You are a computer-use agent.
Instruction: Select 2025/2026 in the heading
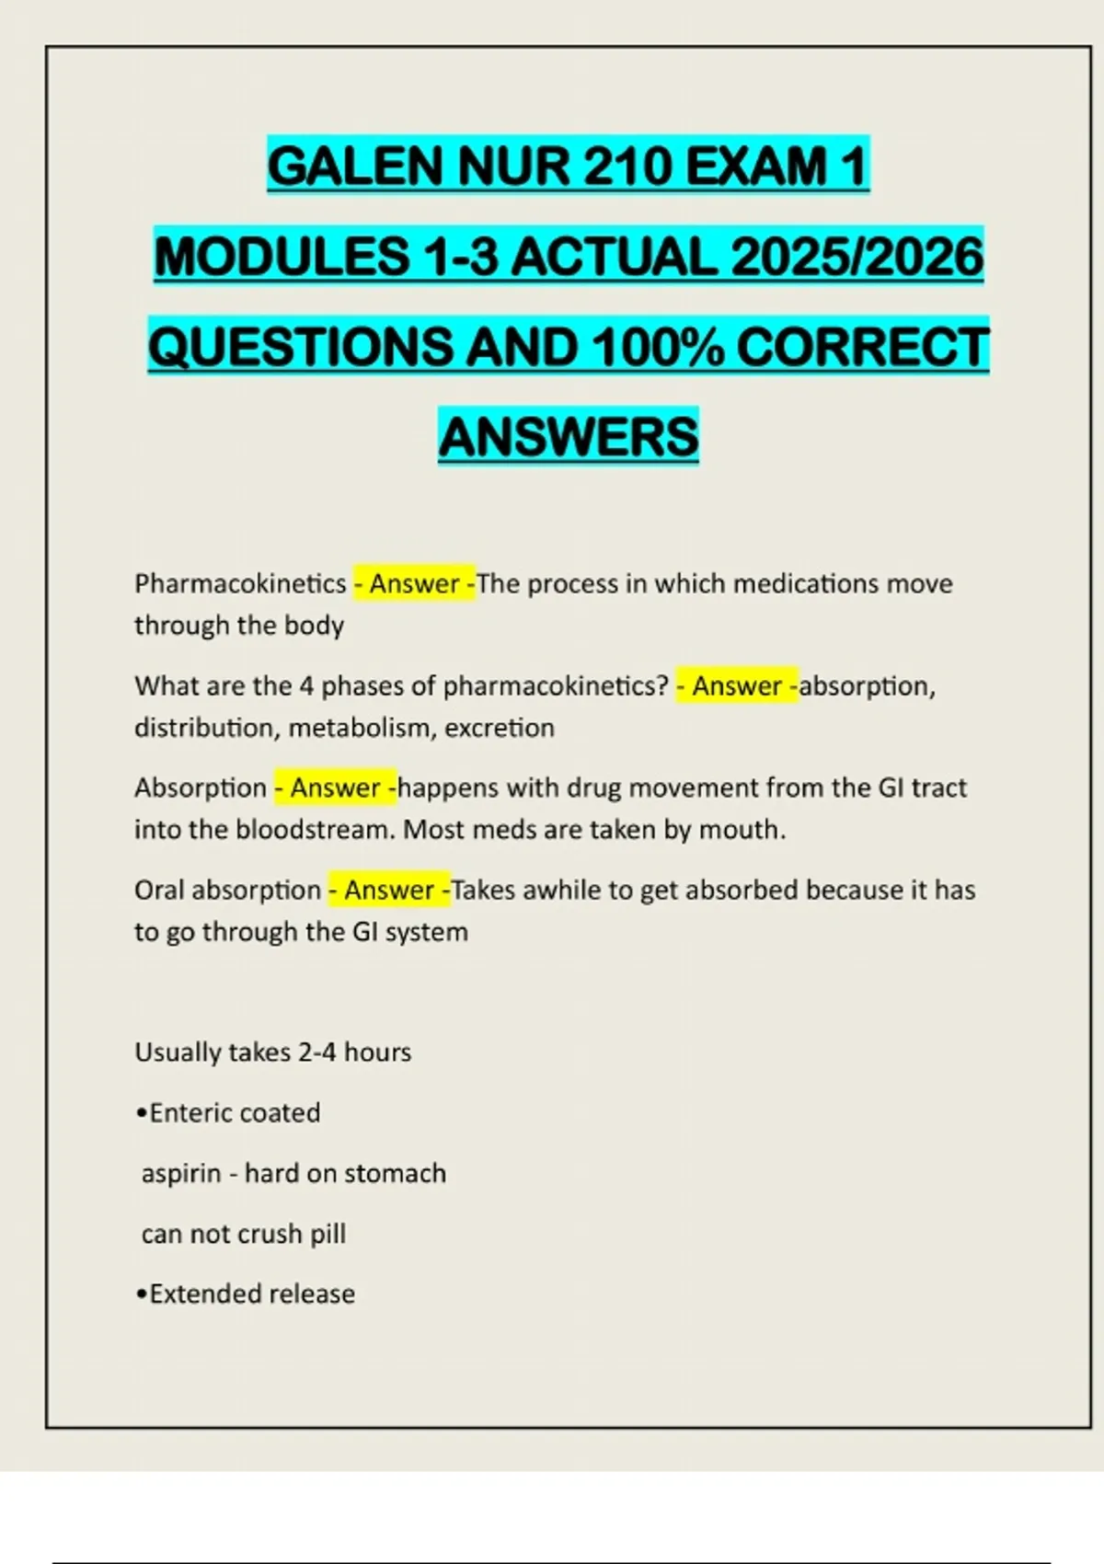[857, 256]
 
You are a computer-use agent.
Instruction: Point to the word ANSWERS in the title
[569, 436]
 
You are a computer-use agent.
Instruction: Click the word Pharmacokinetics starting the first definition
[240, 583]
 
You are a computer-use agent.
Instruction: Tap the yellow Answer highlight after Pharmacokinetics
[414, 583]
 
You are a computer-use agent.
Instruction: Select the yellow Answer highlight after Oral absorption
[389, 890]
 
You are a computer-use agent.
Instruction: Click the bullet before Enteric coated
[141, 1113]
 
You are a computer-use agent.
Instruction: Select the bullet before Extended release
[141, 1294]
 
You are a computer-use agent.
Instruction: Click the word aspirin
[181, 1173]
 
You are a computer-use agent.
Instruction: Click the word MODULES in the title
[282, 256]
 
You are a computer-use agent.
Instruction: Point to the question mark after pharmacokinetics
[663, 685]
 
